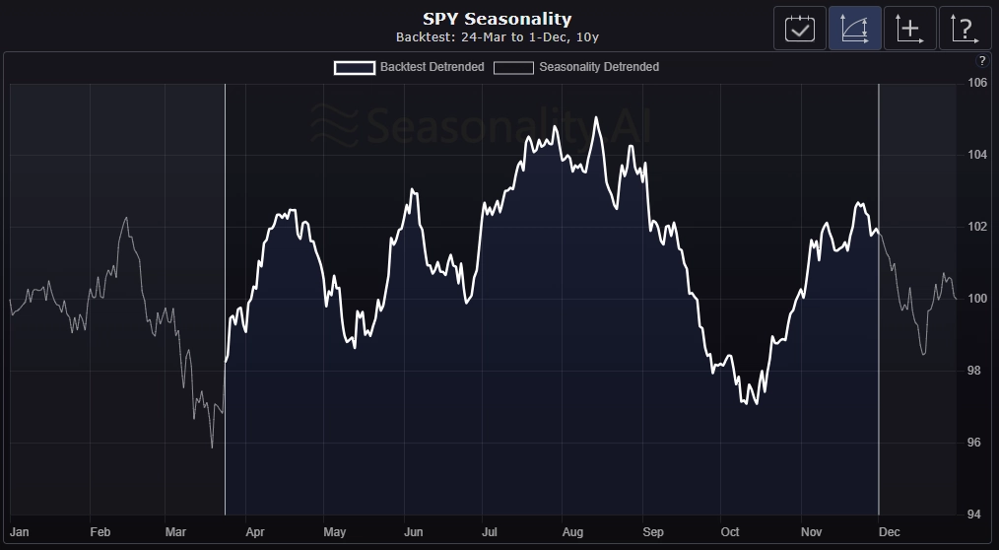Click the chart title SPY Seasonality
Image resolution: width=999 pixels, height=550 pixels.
(x=497, y=19)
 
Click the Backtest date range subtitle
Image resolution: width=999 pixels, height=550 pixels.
(x=497, y=37)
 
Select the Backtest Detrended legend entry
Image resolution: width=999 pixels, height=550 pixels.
(x=409, y=67)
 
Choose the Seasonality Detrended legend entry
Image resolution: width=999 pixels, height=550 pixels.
(x=576, y=67)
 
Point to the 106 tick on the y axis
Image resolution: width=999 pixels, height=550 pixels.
(x=977, y=83)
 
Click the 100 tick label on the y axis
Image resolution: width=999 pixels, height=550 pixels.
(x=977, y=299)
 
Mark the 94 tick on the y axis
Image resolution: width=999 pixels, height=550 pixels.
(x=977, y=515)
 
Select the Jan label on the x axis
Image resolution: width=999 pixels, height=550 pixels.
(x=19, y=532)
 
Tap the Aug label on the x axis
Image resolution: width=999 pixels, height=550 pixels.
(x=571, y=532)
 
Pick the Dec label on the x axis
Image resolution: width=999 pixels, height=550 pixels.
(x=889, y=532)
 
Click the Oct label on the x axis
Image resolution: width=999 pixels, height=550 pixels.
(x=730, y=532)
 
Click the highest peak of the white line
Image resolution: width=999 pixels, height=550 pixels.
(x=596, y=117)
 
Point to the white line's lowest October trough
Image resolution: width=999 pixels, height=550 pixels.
(x=756, y=403)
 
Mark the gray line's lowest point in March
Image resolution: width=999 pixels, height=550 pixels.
(x=212, y=447)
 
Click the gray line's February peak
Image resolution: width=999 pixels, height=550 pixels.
(x=125, y=217)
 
